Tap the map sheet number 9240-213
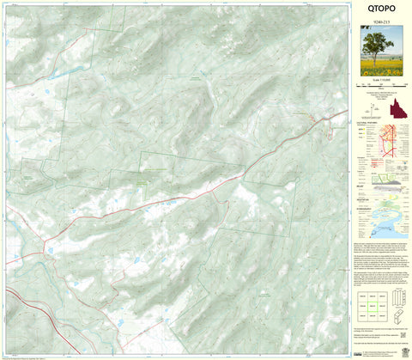coord(379,21)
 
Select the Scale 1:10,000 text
coord(379,80)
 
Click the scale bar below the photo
coord(379,85)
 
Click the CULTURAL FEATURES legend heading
coord(366,124)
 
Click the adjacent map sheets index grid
coord(369,300)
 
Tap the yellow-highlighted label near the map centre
coord(141,182)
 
